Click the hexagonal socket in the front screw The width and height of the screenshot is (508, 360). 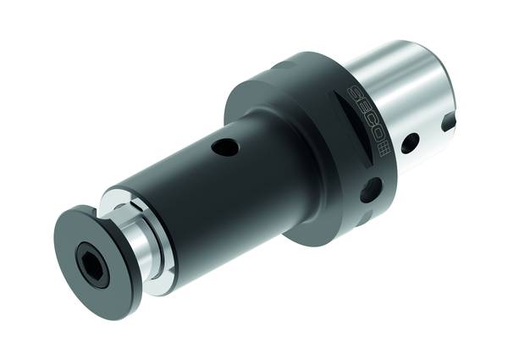pos(91,259)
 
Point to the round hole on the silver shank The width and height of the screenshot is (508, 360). pos(410,142)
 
